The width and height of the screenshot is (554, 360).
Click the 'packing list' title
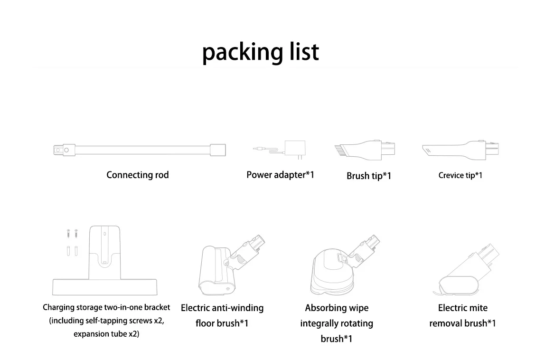click(260, 52)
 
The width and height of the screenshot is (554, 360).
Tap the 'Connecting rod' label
click(137, 175)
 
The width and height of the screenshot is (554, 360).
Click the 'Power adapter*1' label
click(280, 175)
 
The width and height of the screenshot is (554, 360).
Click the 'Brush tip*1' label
click(368, 176)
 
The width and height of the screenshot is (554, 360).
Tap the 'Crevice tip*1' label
click(460, 175)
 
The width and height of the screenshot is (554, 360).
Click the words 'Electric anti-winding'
click(222, 308)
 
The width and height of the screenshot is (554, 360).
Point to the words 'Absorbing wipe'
click(337, 308)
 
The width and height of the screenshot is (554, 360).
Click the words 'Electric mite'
click(462, 308)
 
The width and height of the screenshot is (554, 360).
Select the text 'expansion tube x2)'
click(106, 334)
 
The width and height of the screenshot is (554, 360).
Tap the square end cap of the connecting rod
click(218, 150)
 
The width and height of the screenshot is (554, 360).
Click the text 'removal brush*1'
click(462, 323)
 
